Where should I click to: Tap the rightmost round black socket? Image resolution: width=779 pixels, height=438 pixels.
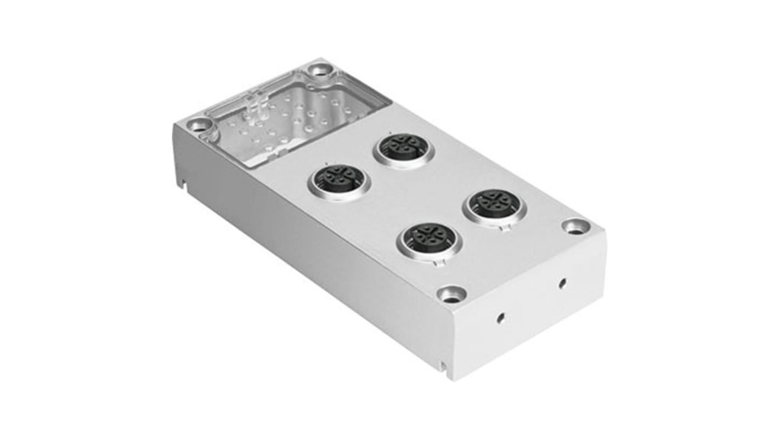click(494, 205)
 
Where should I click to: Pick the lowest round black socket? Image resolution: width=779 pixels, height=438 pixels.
click(430, 238)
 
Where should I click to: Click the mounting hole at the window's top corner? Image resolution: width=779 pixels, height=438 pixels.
click(319, 70)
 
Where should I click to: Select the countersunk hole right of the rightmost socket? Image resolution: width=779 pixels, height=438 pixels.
click(575, 226)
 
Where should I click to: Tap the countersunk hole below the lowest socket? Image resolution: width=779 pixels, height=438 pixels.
click(452, 295)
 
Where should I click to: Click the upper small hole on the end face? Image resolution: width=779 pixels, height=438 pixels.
click(562, 283)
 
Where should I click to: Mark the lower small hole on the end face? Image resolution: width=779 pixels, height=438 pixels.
click(500, 317)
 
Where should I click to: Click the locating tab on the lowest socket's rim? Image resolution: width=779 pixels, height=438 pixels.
click(437, 263)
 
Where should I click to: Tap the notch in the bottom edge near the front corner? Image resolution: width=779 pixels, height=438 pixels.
click(443, 365)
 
